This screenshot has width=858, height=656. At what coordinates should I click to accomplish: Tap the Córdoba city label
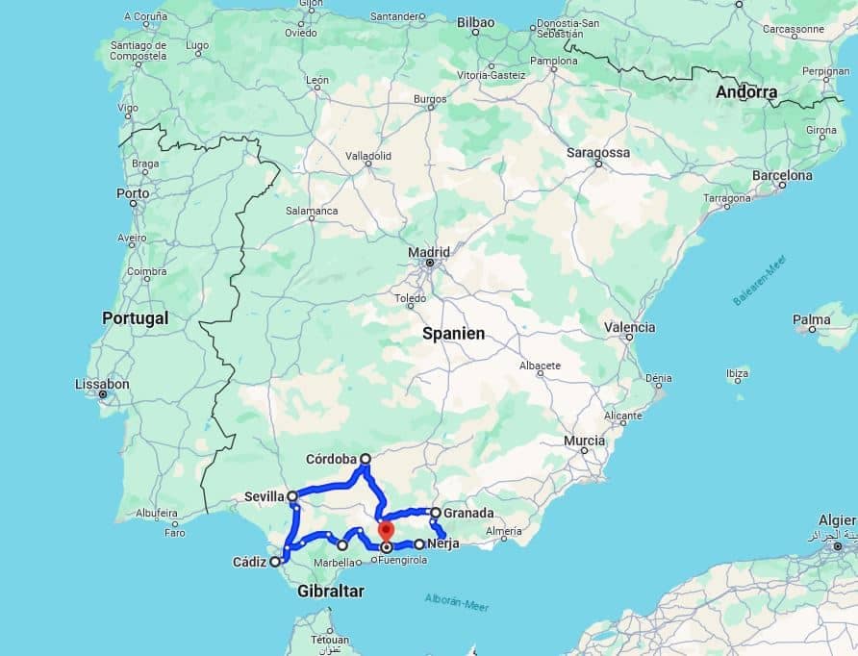pyautogui.click(x=331, y=459)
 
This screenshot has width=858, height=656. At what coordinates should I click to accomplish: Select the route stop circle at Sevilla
pyautogui.click(x=292, y=496)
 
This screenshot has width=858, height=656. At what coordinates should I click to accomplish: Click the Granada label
pyautogui.click(x=468, y=513)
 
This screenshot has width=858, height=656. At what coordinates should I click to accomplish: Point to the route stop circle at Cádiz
pyautogui.click(x=275, y=562)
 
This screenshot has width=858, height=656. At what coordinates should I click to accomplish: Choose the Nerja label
pyautogui.click(x=442, y=544)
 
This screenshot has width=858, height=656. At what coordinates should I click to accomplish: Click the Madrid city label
pyautogui.click(x=429, y=252)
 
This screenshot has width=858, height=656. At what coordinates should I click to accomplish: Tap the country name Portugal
pyautogui.click(x=135, y=317)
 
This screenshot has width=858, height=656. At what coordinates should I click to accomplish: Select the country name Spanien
pyautogui.click(x=453, y=334)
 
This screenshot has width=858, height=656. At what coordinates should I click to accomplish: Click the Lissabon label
pyautogui.click(x=102, y=384)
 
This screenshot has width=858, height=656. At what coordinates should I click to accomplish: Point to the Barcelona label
pyautogui.click(x=782, y=176)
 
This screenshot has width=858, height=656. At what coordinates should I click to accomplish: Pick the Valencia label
pyautogui.click(x=629, y=327)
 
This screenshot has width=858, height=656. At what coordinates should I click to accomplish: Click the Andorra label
pyautogui.click(x=746, y=92)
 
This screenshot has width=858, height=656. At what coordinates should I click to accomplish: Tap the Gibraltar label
pyautogui.click(x=331, y=592)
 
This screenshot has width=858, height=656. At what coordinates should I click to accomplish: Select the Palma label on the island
pyautogui.click(x=811, y=319)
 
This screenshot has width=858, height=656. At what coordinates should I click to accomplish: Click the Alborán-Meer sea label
pyautogui.click(x=456, y=604)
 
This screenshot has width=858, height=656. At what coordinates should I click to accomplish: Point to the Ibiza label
pyautogui.click(x=737, y=372)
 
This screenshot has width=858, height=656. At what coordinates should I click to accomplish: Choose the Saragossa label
pyautogui.click(x=598, y=153)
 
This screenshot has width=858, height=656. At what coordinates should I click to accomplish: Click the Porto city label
pyautogui.click(x=133, y=192)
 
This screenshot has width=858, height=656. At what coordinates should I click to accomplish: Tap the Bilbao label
pyautogui.click(x=475, y=22)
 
